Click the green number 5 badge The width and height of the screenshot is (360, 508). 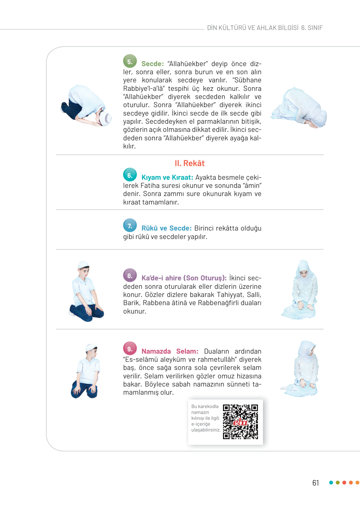tap(130, 61)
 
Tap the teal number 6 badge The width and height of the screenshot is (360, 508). tap(130, 175)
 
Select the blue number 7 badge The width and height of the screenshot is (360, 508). tap(130, 225)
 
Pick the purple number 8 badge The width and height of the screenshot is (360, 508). tap(130, 275)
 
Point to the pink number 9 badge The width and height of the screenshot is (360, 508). tap(130, 349)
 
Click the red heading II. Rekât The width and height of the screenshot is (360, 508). tap(189, 163)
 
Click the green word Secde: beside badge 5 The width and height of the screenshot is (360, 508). tap(152, 64)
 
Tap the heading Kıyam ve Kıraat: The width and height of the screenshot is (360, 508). tap(167, 177)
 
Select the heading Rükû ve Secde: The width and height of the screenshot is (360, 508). tap(166, 228)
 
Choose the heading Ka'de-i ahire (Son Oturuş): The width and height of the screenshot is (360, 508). tap(184, 278)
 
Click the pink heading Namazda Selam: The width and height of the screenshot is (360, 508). tap(170, 351)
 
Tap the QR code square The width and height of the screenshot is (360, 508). tap(240, 422)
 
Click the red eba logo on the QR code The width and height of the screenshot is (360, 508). tap(240, 422)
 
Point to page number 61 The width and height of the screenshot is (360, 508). tap(315, 483)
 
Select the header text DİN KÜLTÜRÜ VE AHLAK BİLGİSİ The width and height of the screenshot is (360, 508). tap(253, 28)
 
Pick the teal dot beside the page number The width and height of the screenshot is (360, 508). tap(331, 483)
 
